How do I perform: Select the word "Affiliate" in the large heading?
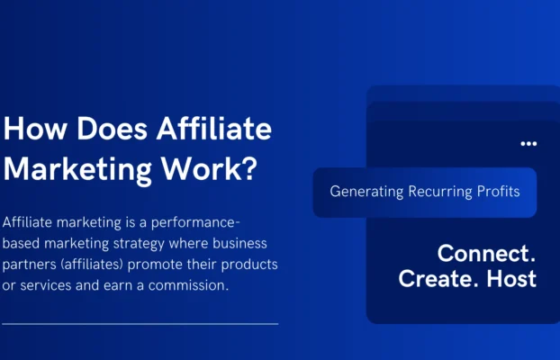[x=213, y=130]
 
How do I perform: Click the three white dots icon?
[x=528, y=143]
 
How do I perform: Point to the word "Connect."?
[x=486, y=252]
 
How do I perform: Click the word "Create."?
[x=437, y=278]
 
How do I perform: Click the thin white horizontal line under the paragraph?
[x=140, y=322]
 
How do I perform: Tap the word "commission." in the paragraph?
[x=192, y=286]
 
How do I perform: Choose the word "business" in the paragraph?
[x=242, y=245]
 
